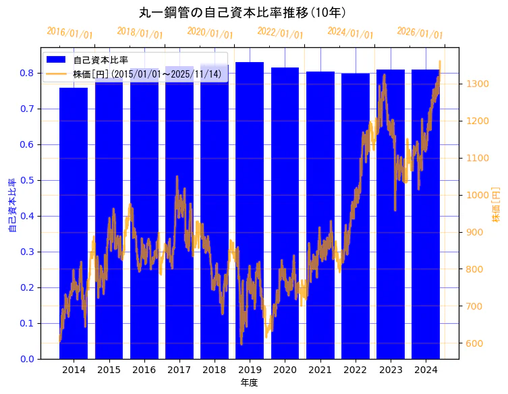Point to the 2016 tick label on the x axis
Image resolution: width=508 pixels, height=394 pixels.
tap(144, 370)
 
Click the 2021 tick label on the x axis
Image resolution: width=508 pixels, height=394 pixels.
tap(320, 370)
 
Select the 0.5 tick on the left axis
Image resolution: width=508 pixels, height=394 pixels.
tap(27, 180)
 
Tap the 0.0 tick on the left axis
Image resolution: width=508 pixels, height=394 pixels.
tap(27, 359)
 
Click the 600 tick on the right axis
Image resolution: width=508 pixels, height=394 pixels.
tap(474, 343)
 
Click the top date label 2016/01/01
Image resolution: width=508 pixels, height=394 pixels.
tap(69, 33)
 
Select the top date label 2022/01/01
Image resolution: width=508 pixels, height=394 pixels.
tap(280, 33)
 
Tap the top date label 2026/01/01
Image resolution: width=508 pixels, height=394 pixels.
tap(420, 33)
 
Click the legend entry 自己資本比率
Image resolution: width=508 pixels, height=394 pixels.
tap(101, 60)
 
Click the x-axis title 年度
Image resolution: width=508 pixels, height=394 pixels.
tap(249, 383)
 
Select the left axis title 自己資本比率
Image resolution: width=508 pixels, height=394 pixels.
tap(11, 206)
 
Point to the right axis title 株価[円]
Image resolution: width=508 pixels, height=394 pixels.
tap(496, 205)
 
